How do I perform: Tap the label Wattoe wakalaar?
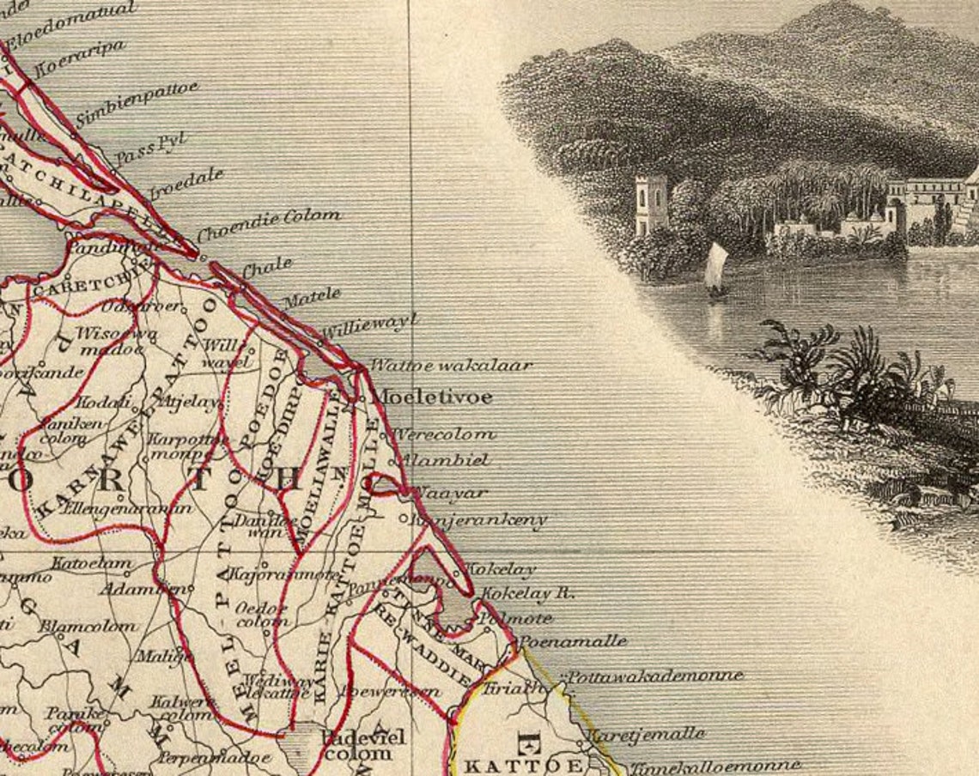pos(451,366)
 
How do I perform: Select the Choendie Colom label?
pos(269,225)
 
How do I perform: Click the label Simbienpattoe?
pos(137,103)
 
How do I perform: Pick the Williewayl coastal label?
pos(369,326)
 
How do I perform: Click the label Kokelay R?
pos(527,593)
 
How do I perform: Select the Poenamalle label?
pos(572,641)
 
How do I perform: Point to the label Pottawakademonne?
pos(654,676)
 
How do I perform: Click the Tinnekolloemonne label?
pos(714,766)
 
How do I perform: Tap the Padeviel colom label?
pos(362,745)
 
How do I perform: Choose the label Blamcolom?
pos(87,626)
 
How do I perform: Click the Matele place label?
pos(312,298)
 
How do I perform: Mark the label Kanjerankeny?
pos(479,520)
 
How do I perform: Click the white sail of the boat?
pos(715,266)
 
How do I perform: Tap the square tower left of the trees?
pos(651,204)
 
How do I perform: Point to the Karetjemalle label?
pos(645,735)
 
